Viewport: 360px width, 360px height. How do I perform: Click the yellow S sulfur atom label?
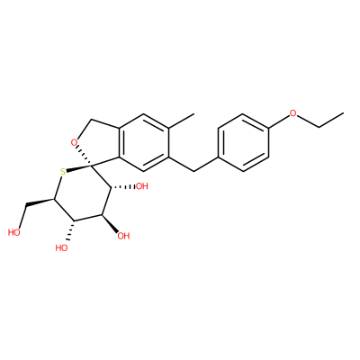coord(63,172)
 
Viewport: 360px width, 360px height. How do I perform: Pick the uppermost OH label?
coord(142,186)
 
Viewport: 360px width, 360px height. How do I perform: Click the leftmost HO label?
coord(14,232)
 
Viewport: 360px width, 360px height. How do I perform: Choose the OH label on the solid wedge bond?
coord(123,236)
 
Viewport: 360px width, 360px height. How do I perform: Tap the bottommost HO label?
coord(61,247)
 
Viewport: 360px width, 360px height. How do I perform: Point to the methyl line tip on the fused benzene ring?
coord(194,113)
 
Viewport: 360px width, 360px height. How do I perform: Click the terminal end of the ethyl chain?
coord(343,113)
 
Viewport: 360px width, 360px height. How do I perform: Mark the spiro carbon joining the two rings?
coord(92,165)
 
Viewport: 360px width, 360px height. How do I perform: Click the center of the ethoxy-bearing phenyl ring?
coord(243,143)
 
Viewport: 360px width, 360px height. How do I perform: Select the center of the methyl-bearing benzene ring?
coord(144,143)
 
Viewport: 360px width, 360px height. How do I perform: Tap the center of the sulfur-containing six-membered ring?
coord(82,193)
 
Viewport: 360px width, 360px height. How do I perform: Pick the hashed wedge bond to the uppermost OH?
coord(123,187)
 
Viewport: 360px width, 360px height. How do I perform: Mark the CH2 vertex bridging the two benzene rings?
coord(194,171)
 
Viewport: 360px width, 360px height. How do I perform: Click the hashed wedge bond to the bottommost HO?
coord(71,231)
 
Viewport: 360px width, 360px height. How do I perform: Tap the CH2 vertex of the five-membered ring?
coord(93,120)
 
